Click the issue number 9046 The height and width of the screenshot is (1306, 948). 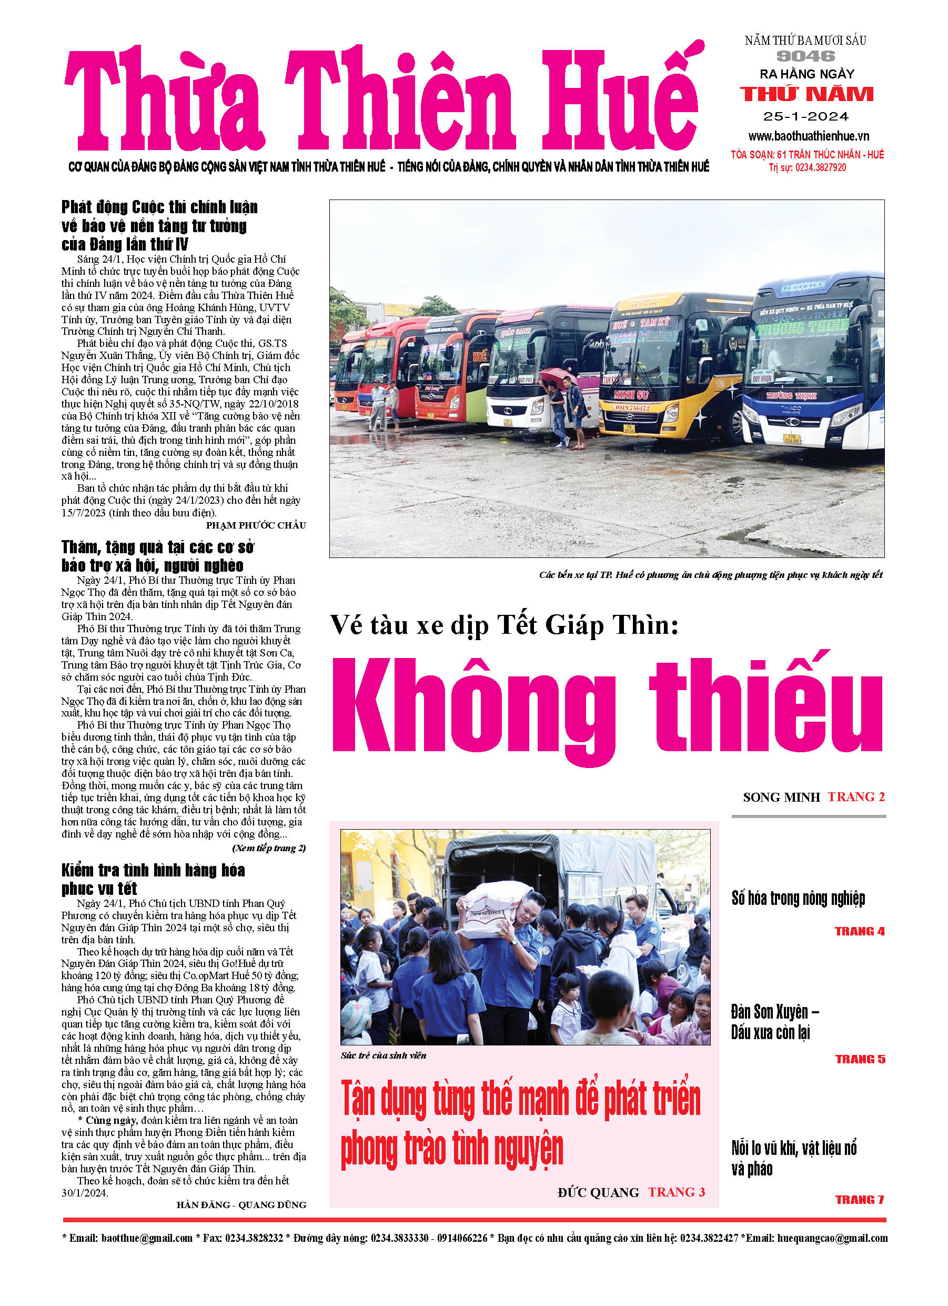(x=805, y=56)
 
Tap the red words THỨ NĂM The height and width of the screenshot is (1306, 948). (x=806, y=94)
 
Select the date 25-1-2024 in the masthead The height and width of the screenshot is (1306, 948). (x=806, y=117)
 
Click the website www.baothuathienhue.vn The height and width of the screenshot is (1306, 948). (x=809, y=136)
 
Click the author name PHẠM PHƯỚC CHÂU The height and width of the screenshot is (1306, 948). (x=256, y=525)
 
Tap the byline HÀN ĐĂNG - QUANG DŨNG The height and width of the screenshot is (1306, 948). (x=241, y=1204)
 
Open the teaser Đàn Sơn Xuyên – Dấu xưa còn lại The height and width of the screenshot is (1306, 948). (x=775, y=1022)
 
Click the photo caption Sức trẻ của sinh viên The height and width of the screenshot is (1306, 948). (x=384, y=1055)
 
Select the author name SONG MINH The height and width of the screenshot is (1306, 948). (x=781, y=797)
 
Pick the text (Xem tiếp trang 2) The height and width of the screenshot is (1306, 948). (x=269, y=848)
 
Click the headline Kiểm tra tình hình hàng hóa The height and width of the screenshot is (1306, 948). (x=153, y=870)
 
